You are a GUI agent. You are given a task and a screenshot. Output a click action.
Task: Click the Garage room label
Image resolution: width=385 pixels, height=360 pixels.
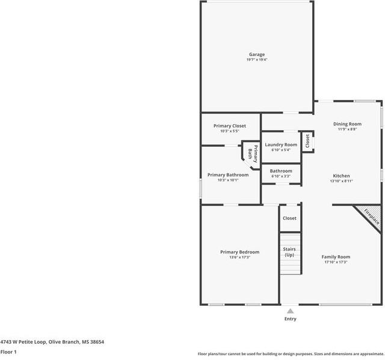257,54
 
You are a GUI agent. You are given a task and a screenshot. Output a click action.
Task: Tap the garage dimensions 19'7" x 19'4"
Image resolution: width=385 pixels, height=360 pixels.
257,60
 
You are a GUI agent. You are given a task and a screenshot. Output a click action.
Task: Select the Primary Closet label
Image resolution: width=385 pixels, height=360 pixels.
230,126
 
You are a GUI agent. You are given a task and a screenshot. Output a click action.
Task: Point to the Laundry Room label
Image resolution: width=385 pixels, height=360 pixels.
281,144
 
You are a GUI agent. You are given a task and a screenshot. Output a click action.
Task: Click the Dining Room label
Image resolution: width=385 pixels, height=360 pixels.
347,124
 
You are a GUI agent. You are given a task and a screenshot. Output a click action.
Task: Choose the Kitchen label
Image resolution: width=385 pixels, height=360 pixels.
341,176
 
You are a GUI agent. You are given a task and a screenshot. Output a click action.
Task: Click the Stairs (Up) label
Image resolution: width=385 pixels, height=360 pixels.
289,252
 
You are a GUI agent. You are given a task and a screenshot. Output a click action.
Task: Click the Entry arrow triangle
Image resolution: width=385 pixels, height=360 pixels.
290,311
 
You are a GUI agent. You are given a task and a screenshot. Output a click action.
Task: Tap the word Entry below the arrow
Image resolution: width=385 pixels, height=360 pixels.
290,319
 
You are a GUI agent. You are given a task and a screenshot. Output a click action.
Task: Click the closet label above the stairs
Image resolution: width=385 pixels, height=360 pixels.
289,218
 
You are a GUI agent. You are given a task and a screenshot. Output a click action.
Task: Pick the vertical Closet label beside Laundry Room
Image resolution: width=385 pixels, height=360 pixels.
307,141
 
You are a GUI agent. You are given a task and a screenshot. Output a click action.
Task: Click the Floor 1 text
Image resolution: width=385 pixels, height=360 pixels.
8,352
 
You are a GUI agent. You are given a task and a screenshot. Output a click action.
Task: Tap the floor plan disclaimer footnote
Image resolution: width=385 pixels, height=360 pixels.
291,354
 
